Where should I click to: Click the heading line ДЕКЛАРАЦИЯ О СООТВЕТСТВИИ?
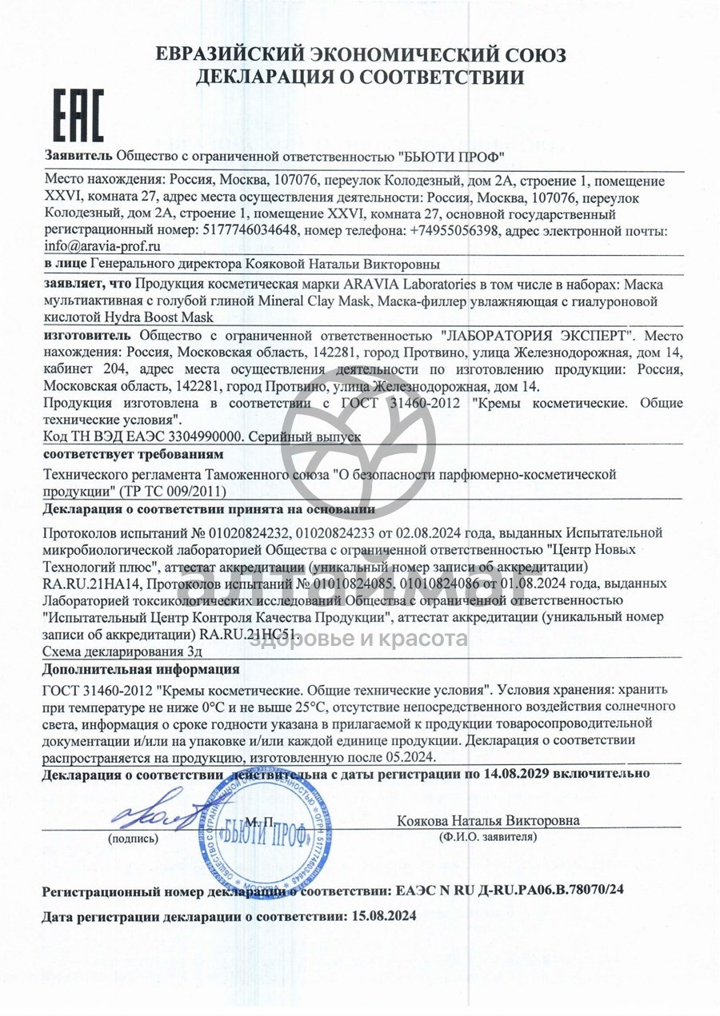tap(360, 78)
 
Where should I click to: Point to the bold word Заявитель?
tap(78, 155)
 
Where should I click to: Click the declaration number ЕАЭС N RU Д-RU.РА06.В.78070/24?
tap(510, 890)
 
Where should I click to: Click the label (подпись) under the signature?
tap(133, 839)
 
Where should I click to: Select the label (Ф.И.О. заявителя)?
tap(488, 837)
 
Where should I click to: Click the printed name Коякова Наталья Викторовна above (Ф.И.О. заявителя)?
tap(488, 821)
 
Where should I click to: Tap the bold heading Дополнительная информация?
tap(140, 668)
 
